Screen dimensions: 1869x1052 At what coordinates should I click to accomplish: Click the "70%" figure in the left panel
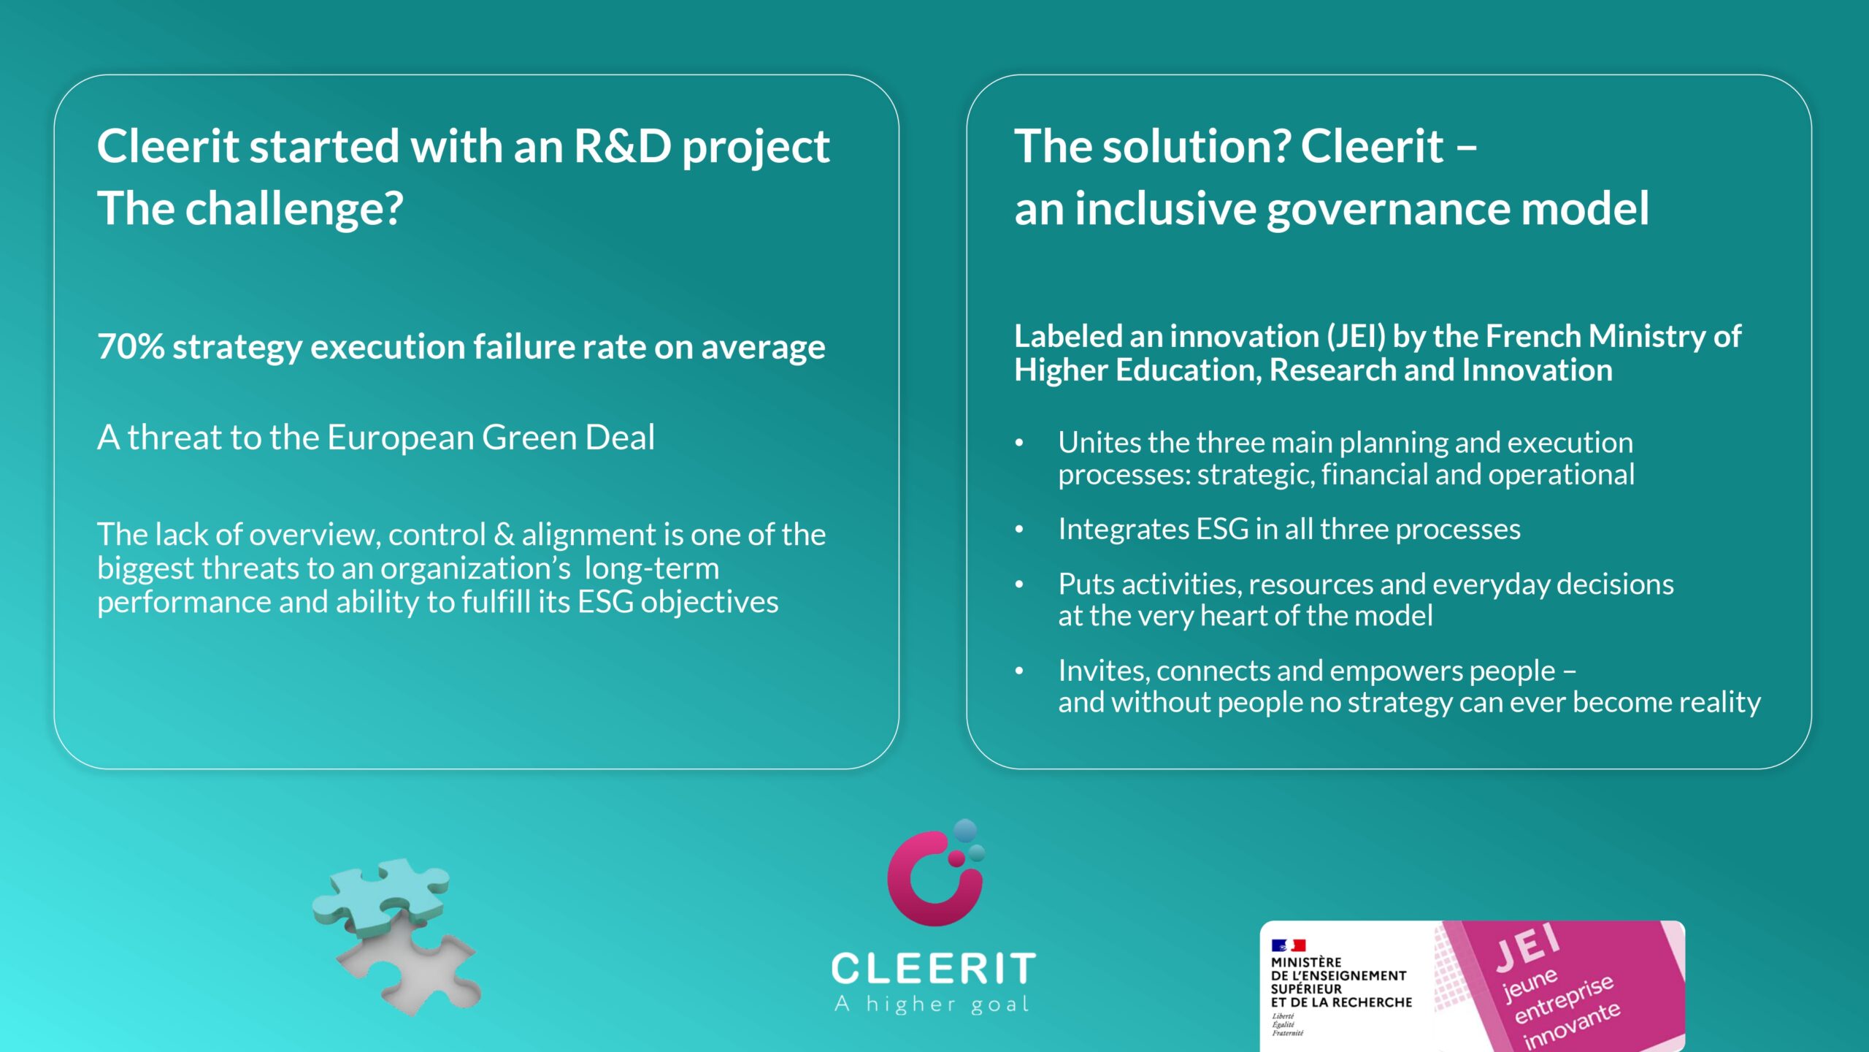pos(131,346)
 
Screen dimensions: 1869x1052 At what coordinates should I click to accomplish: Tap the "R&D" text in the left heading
pos(622,146)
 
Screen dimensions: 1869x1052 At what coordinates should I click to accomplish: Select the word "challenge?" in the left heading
pos(294,209)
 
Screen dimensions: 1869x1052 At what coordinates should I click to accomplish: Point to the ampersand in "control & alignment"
pos(504,535)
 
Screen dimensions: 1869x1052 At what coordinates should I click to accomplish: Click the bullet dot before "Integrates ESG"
pos(1019,530)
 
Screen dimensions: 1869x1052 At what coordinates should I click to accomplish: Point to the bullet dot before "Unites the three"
pos(1019,443)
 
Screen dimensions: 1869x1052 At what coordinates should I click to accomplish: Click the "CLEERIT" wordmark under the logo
pos(934,969)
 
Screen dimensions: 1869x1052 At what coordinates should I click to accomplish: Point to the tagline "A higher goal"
pos(932,1005)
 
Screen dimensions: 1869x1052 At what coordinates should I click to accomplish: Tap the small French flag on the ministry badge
pos(1288,945)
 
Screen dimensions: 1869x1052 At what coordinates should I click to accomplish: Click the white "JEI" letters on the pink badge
pos(1527,948)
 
